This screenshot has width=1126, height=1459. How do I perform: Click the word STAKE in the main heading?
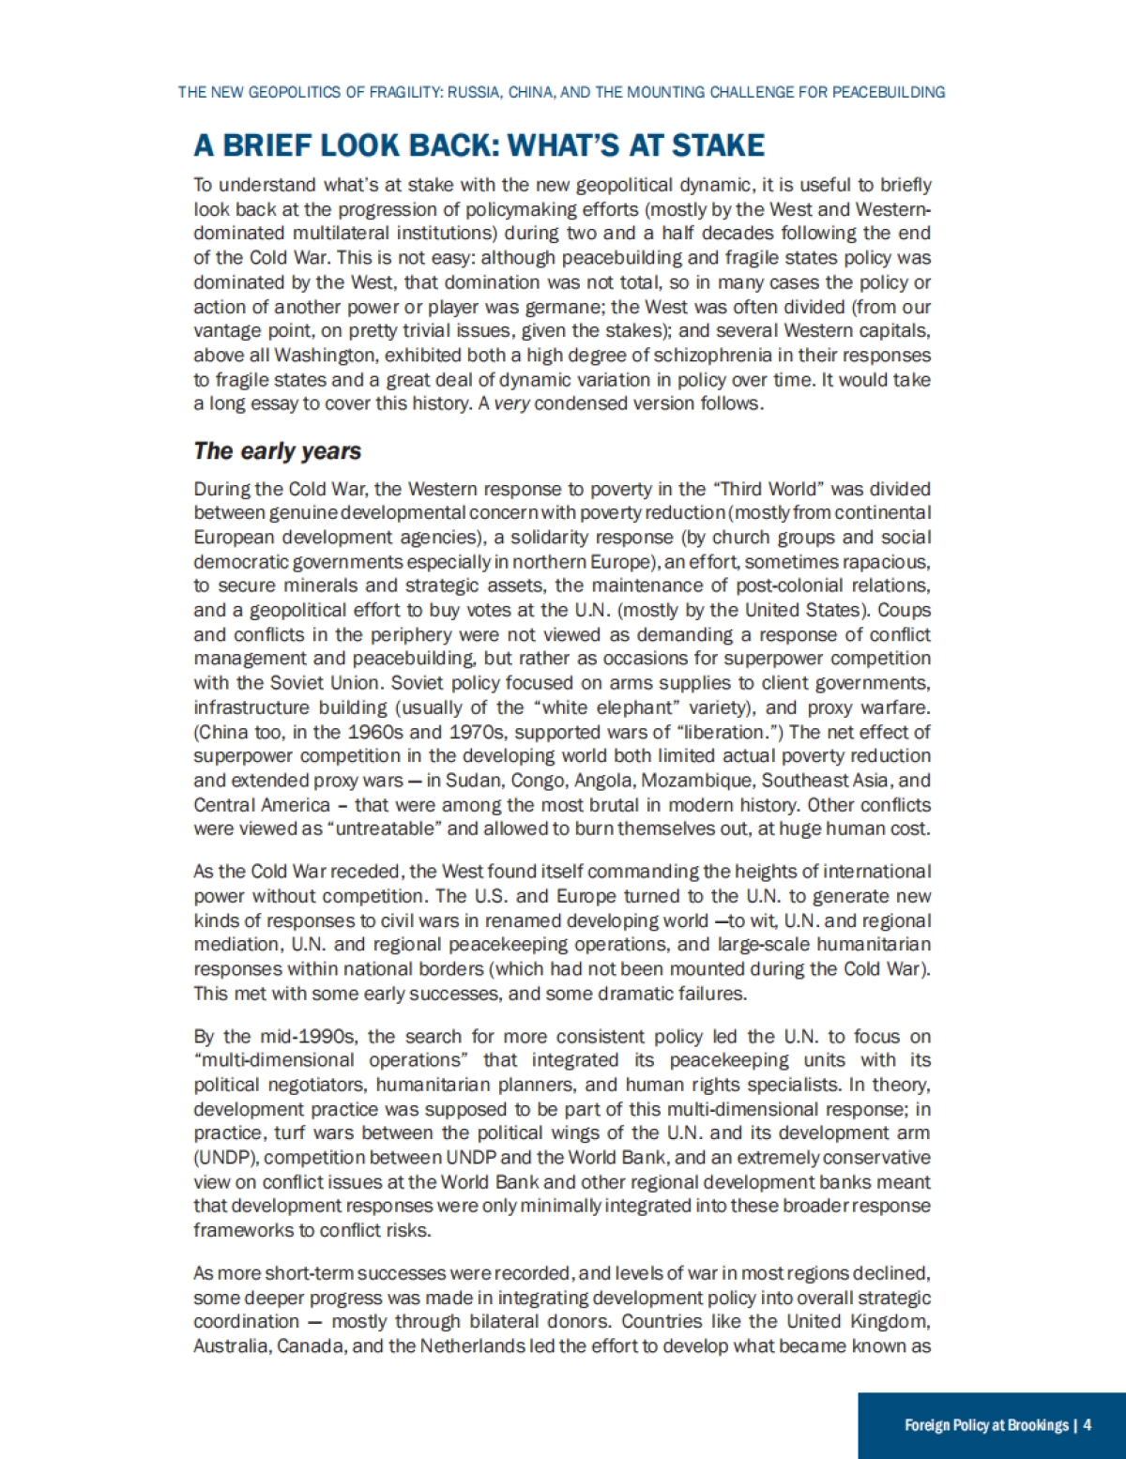click(719, 145)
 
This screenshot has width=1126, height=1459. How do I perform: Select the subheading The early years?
click(277, 451)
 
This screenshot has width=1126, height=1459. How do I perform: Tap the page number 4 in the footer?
click(1087, 1425)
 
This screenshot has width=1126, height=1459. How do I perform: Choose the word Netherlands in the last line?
click(472, 1346)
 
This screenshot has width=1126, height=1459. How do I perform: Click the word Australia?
click(231, 1346)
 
